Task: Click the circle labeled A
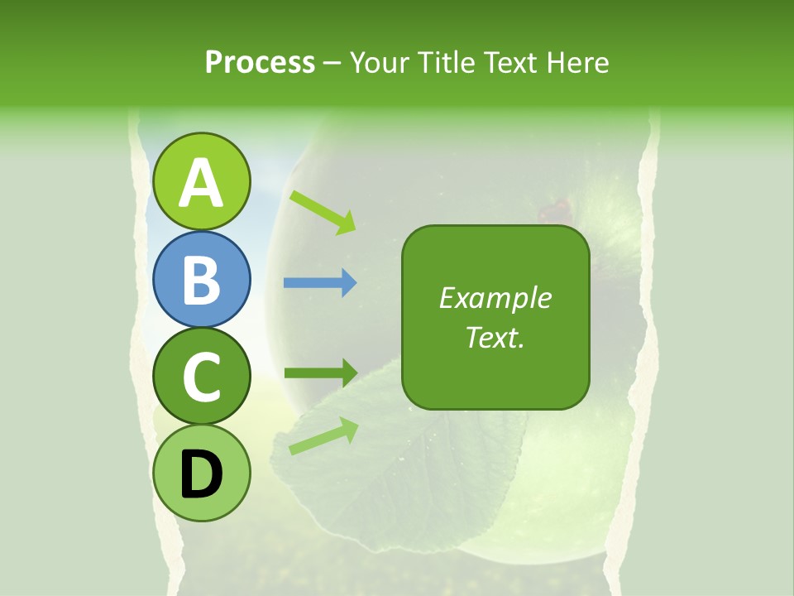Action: tap(202, 181)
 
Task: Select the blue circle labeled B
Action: tap(202, 279)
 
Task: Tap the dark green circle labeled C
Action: tap(202, 376)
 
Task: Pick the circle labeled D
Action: tap(202, 473)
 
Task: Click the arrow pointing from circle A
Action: tap(323, 210)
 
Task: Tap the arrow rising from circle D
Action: tap(323, 436)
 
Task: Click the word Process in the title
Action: tap(260, 63)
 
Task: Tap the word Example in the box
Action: tap(495, 298)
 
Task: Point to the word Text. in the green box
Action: tap(495, 337)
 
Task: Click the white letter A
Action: tap(202, 183)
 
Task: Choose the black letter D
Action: tap(202, 474)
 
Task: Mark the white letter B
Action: tap(202, 280)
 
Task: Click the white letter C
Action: tap(202, 377)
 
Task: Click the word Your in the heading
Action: tap(379, 63)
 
